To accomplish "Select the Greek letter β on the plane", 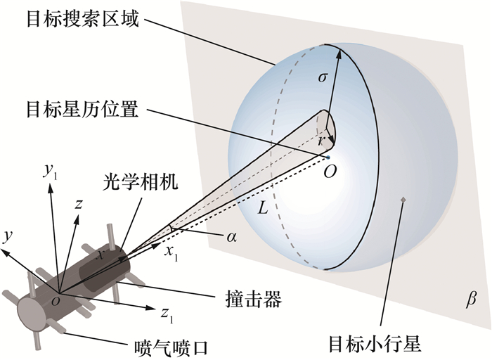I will point(471,300).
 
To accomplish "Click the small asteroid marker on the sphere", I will point(402,201).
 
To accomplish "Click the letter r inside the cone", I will point(322,141).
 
